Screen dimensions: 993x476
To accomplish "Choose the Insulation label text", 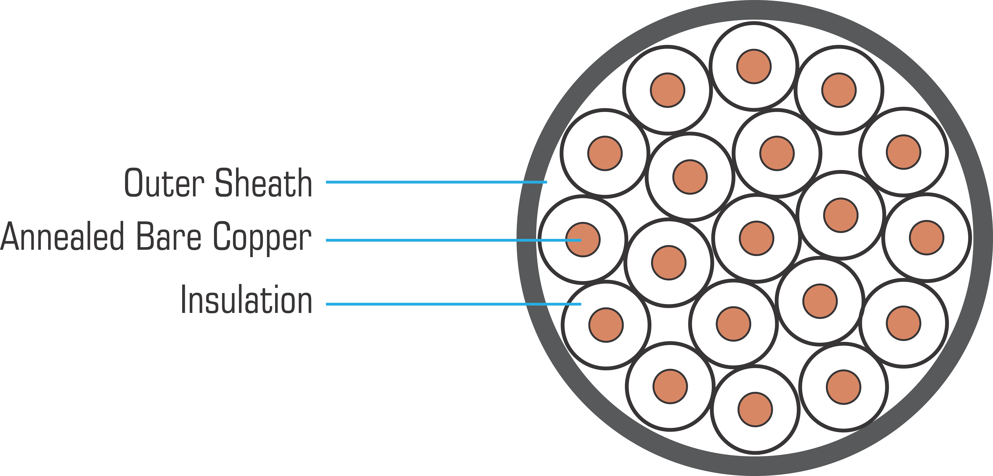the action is pos(246,300).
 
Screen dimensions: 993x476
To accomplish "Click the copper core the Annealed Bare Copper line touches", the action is pos(583,239).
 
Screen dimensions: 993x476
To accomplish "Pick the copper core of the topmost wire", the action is pos(754,66).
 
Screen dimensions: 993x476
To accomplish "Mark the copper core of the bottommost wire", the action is pos(755,409).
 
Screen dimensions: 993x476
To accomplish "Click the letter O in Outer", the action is pos(133,183).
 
